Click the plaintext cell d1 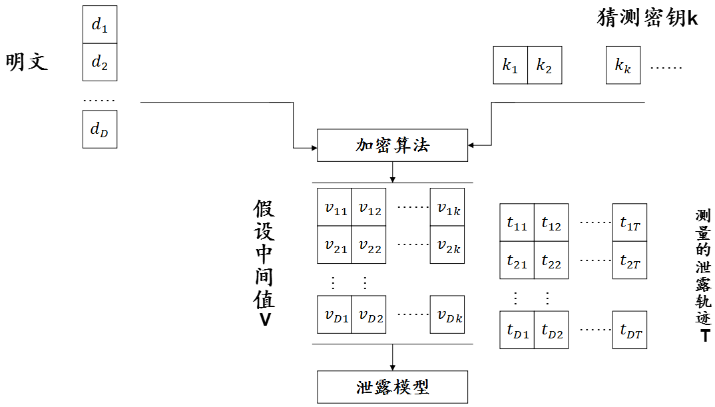[x=99, y=25]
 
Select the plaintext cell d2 [x=99, y=63]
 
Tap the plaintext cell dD [x=99, y=129]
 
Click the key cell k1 [x=510, y=65]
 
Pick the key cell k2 [x=545, y=65]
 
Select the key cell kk [x=622, y=65]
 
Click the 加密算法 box [x=393, y=145]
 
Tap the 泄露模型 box [x=393, y=387]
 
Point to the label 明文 [x=27, y=62]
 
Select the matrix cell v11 [x=335, y=208]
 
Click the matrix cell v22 [x=369, y=246]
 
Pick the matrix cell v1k [x=447, y=208]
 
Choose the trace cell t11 [x=517, y=223]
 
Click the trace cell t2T [x=629, y=261]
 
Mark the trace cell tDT [x=629, y=330]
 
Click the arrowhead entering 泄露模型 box [x=393, y=367]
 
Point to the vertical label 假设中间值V [x=264, y=263]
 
